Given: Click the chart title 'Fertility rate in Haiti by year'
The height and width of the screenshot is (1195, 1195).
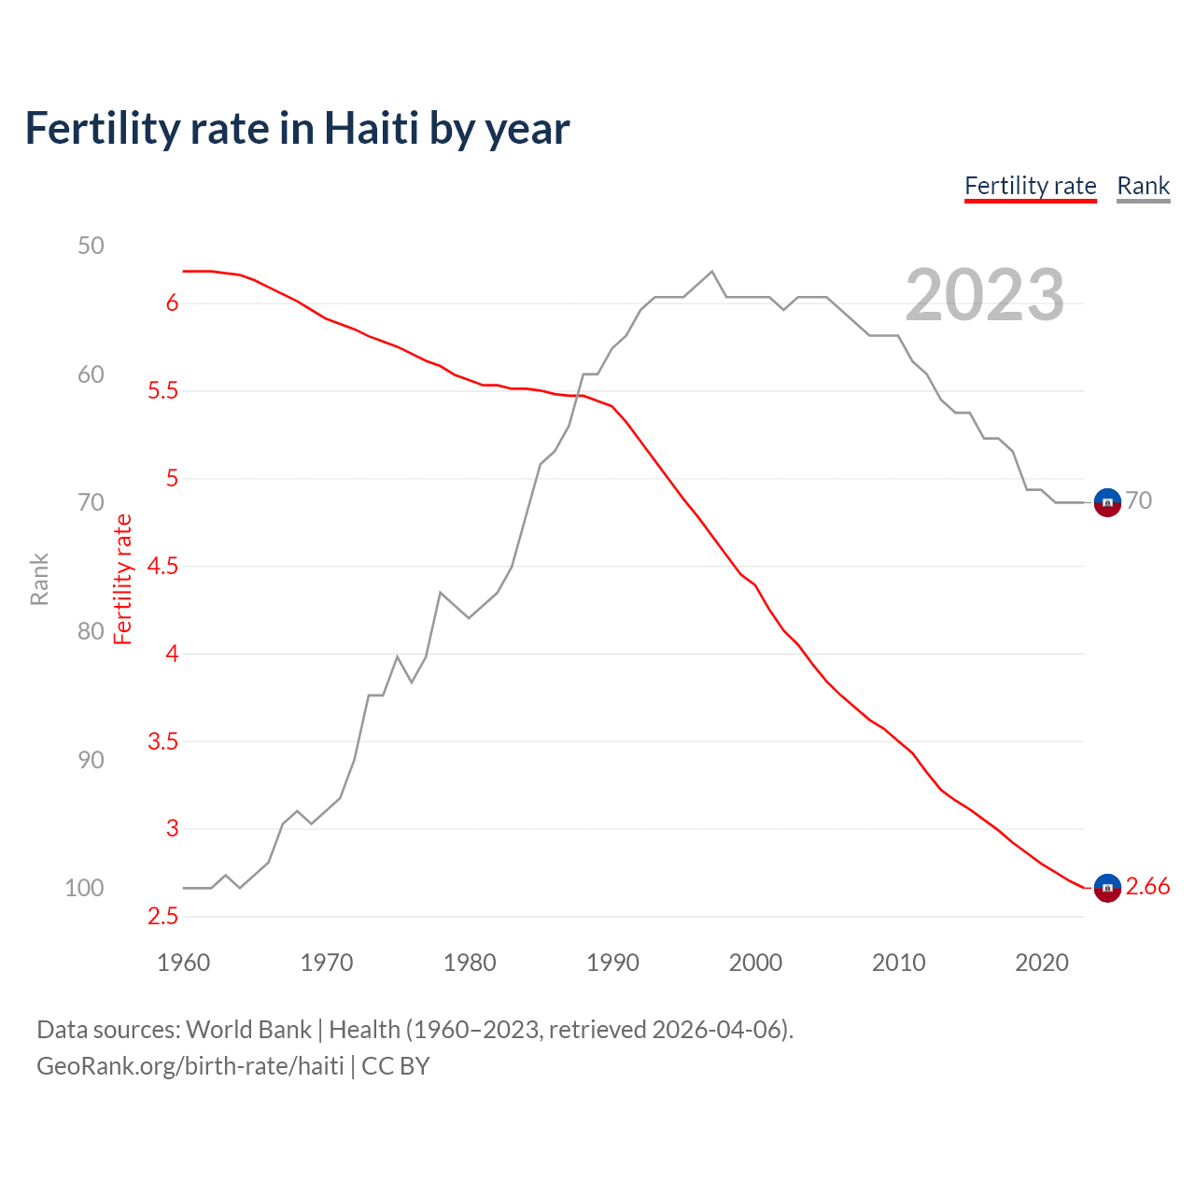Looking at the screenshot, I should pos(297,129).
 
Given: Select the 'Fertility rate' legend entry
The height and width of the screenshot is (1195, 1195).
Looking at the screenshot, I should pos(1030,186).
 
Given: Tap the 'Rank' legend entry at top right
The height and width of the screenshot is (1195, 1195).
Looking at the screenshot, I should pos(1143,186).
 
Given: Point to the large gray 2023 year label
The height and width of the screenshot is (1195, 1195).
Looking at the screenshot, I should pos(984,295).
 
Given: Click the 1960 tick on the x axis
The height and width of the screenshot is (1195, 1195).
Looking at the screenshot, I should pos(183,963).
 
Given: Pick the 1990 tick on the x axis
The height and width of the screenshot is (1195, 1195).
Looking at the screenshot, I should pos(612,963).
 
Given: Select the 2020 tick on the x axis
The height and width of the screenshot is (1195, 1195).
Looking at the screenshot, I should pos(1041,963).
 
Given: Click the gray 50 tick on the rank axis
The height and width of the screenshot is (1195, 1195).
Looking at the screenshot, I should pos(91,246).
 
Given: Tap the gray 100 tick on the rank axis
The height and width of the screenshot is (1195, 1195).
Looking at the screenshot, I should pos(84,888).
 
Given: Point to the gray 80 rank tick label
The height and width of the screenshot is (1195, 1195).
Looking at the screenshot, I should pos(91,631).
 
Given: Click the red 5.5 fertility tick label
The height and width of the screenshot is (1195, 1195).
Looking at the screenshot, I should pos(162,391).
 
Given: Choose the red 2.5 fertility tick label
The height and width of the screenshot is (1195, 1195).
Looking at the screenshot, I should pos(162,917).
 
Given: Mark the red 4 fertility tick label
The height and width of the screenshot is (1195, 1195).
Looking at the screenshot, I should pos(172,654).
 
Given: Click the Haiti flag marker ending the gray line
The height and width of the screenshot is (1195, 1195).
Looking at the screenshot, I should pos(1107,502).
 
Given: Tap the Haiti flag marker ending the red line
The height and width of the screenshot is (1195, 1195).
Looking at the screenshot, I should pos(1107,888).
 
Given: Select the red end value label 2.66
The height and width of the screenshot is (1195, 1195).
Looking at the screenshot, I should pos(1147,887).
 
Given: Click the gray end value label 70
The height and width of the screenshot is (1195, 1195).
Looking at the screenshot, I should pos(1138,501).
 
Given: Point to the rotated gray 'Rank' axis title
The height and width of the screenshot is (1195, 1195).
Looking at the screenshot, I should pos(39,579).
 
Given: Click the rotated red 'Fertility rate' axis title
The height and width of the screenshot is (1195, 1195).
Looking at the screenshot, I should pos(123,579).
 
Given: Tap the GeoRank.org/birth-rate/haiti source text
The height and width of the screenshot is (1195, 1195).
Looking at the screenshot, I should pos(190,1066).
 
